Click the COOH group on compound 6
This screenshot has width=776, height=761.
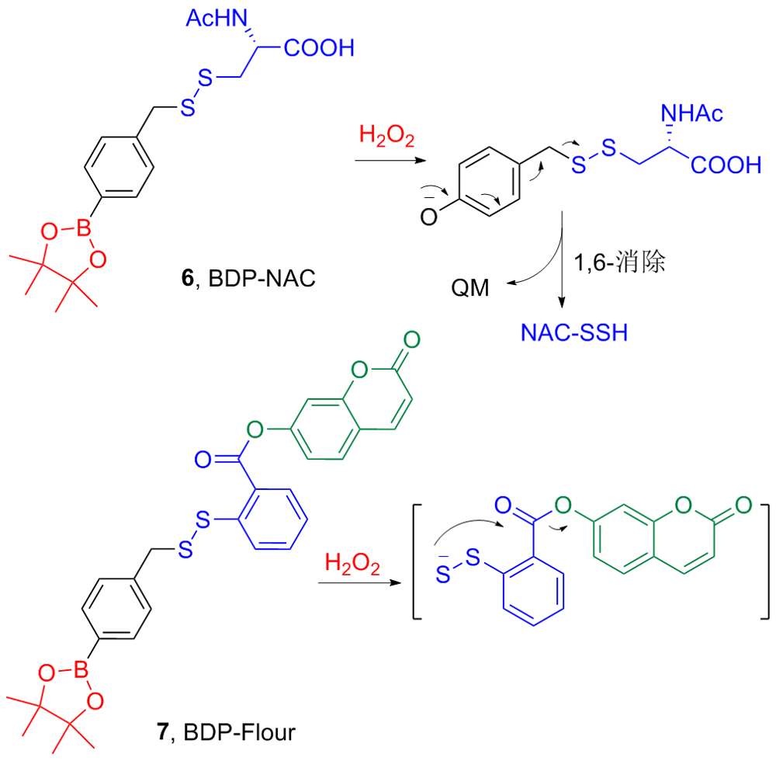pyautogui.click(x=319, y=48)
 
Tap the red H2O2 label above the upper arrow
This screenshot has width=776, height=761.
pyautogui.click(x=387, y=138)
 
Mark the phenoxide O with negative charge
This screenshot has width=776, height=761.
pyautogui.click(x=428, y=218)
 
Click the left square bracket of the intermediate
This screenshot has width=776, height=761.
pyautogui.click(x=417, y=561)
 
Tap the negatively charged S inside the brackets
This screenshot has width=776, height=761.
pyautogui.click(x=442, y=575)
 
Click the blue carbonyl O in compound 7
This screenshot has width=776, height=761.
pyautogui.click(x=203, y=460)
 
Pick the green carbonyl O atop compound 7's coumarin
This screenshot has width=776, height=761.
pyautogui.click(x=412, y=339)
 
